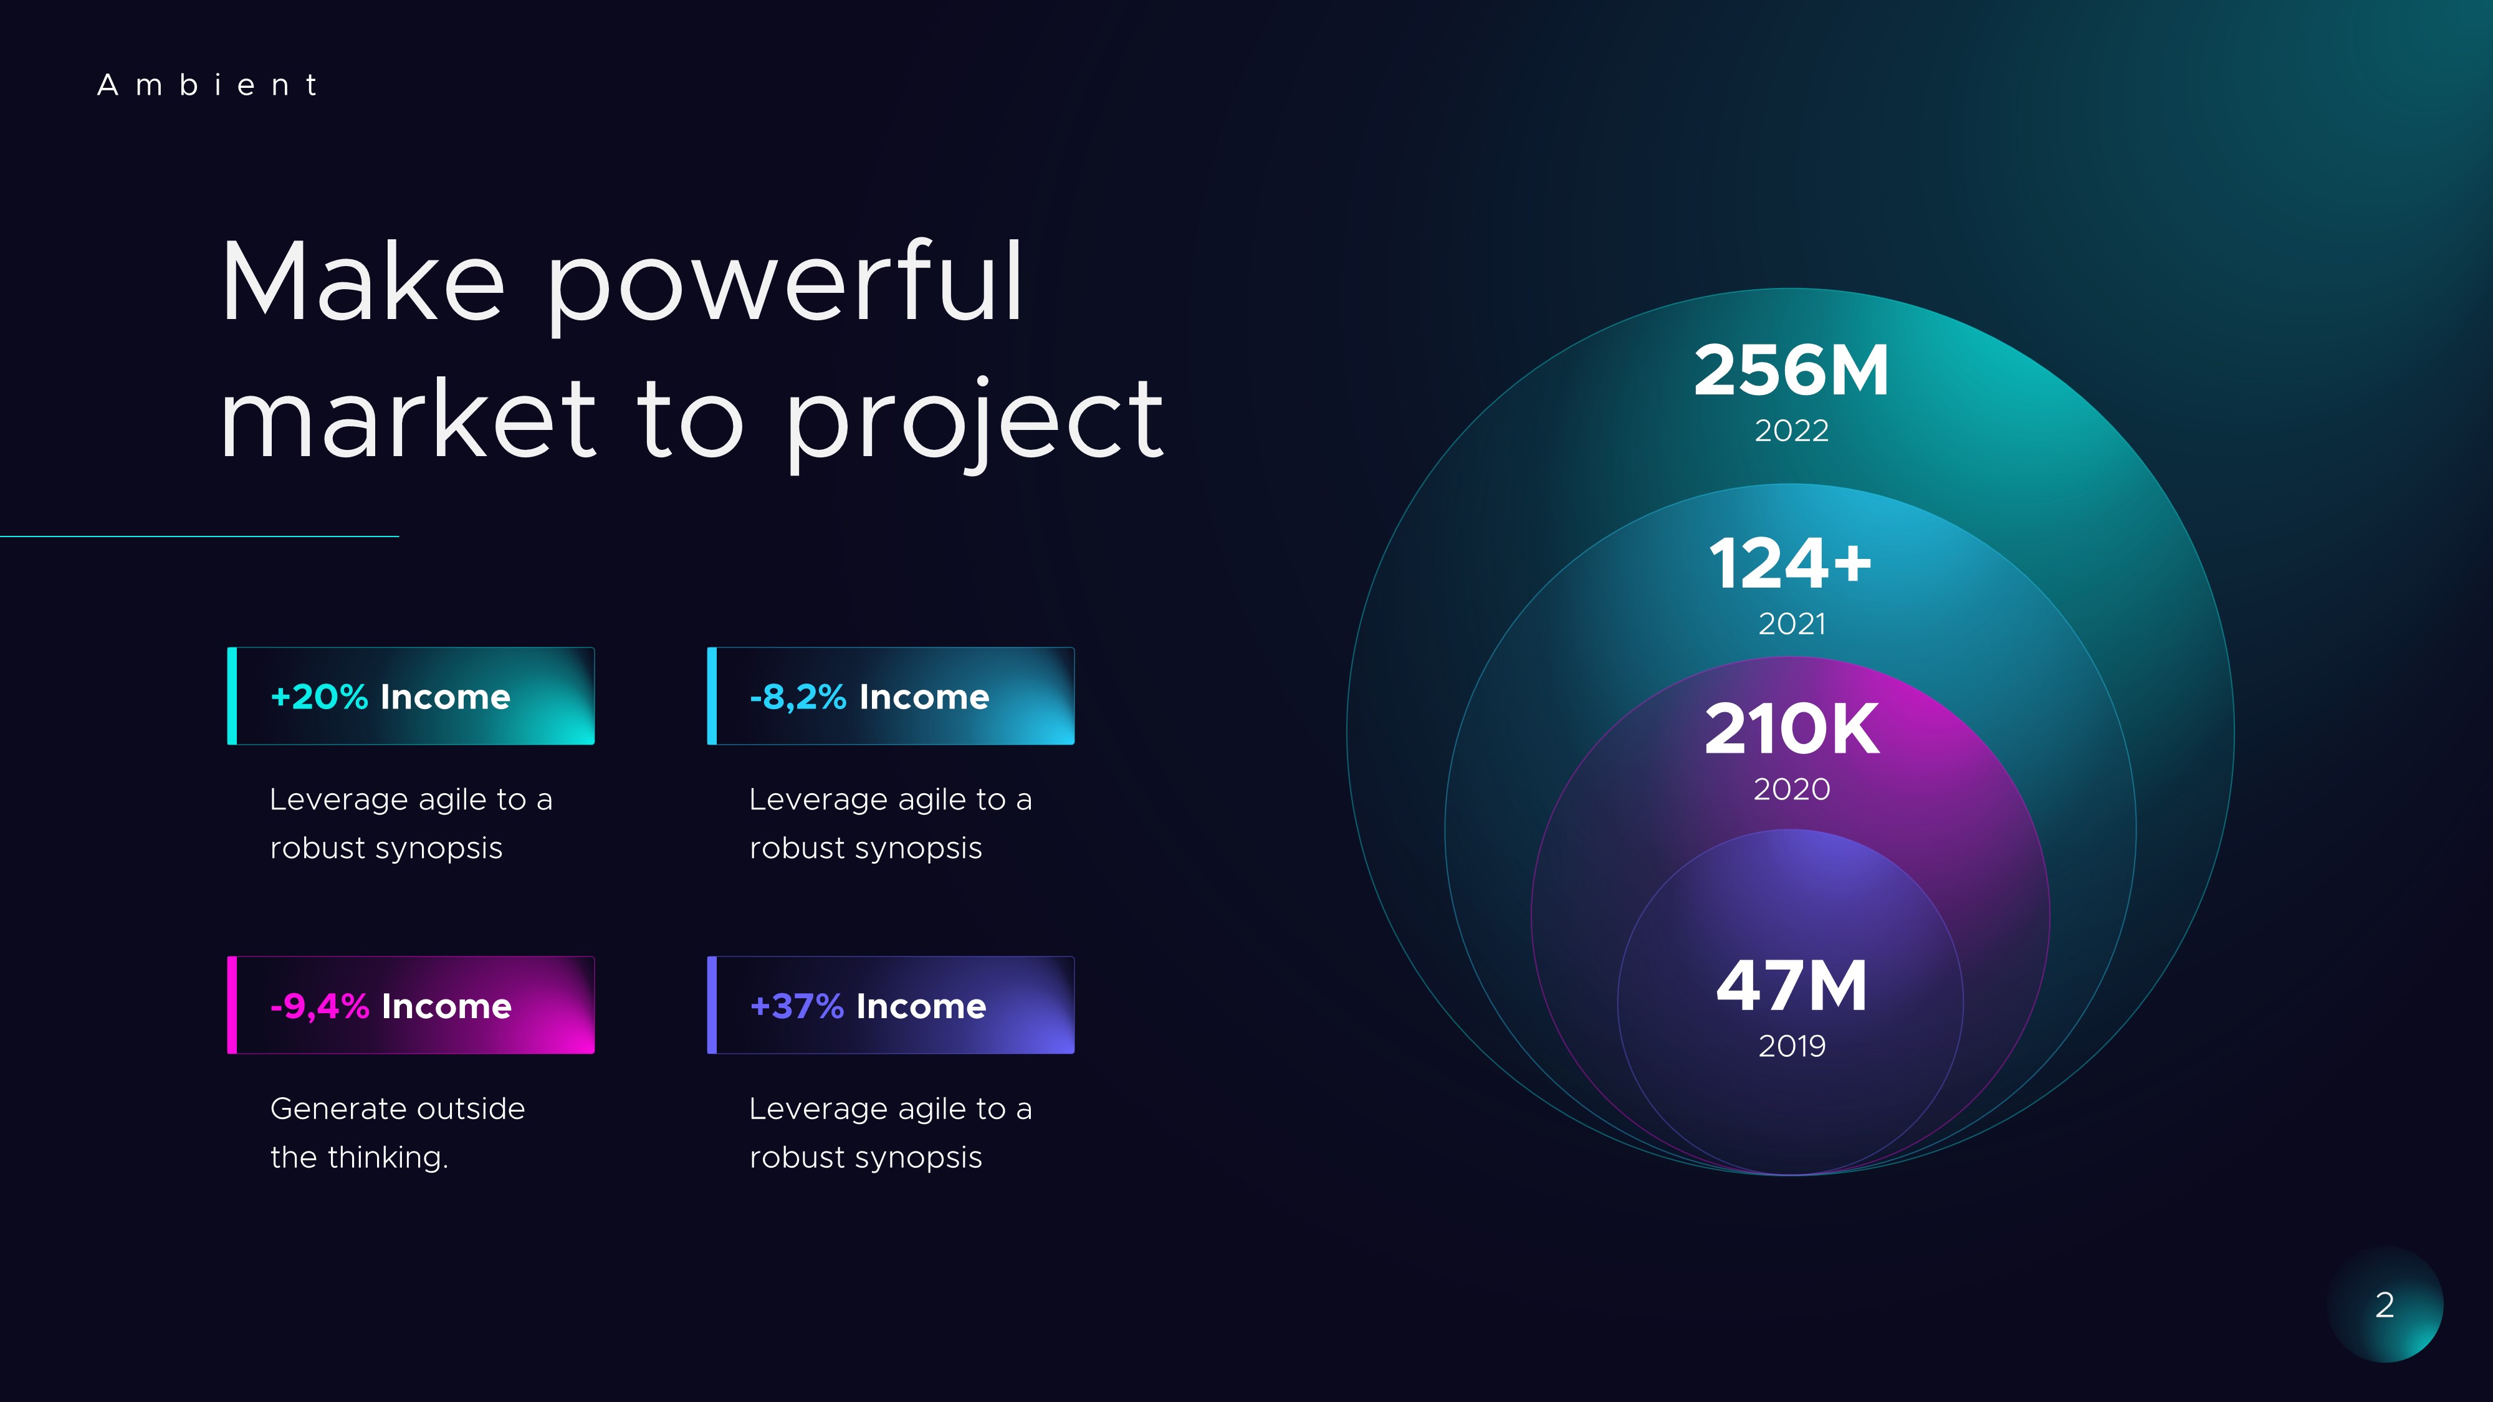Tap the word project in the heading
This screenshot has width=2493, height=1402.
974,420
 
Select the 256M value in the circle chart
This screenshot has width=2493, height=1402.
1791,371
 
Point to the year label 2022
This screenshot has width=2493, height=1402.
1791,431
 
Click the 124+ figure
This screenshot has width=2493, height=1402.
1791,563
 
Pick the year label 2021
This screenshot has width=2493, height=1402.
1791,624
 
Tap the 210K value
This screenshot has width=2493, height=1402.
1791,728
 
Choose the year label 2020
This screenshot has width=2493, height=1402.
1791,789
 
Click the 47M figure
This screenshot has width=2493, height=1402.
1791,986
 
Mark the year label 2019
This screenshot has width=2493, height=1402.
1791,1046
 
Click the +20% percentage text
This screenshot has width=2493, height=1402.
319,697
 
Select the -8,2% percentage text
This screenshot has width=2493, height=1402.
798,697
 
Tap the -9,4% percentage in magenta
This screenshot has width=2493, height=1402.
319,1006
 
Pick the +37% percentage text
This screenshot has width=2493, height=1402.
797,1006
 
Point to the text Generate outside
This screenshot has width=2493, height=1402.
397,1109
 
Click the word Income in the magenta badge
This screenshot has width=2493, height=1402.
446,1006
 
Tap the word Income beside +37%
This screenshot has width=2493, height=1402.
921,1006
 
